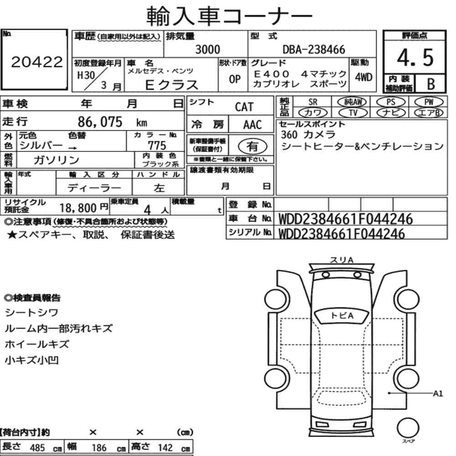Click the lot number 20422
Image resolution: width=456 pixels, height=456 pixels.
[x=37, y=62]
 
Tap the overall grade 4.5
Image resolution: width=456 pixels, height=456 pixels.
[x=415, y=57]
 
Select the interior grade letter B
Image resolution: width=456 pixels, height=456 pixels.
[x=431, y=84]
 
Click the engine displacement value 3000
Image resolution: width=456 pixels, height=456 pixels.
[x=207, y=49]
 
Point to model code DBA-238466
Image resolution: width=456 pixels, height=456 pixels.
[x=314, y=50]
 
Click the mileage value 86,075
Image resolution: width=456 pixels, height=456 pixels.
[x=100, y=122]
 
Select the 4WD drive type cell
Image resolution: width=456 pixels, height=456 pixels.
[x=363, y=78]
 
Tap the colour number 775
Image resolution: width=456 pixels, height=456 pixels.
[x=157, y=145]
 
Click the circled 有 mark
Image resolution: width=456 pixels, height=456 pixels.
[x=253, y=146]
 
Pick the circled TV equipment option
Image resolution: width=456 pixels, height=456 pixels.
[x=353, y=113]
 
